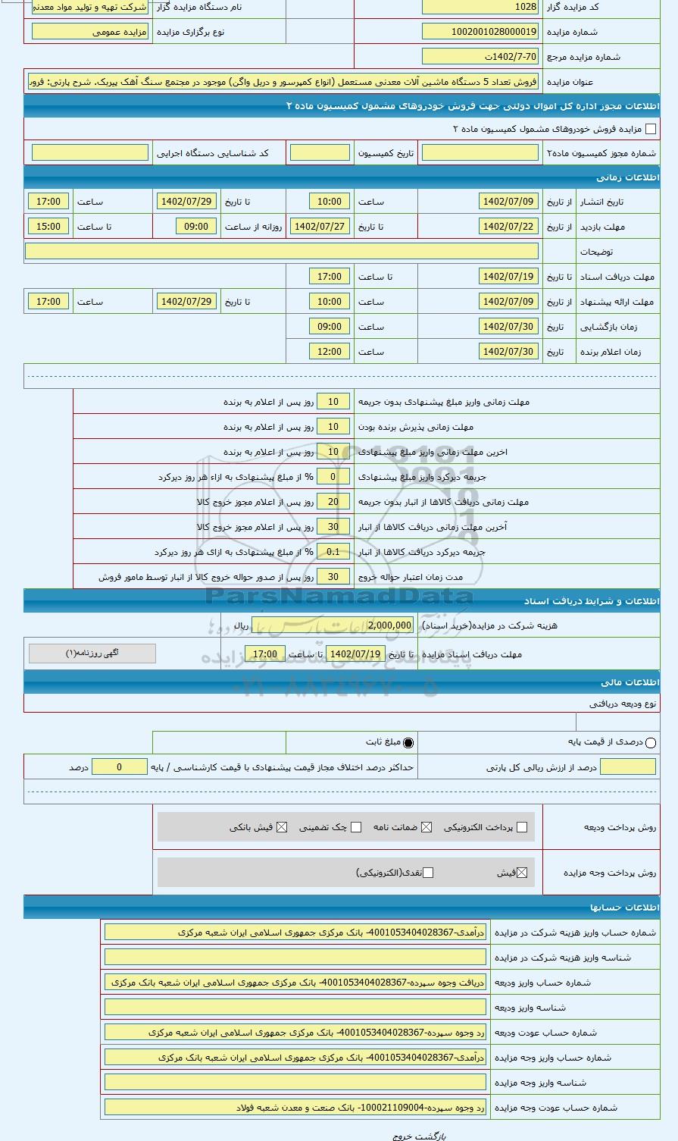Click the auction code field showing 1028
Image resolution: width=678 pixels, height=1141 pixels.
pos(480,7)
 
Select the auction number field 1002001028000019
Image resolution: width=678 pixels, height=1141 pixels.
pos(480,32)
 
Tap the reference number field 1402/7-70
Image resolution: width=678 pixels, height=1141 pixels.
pos(480,57)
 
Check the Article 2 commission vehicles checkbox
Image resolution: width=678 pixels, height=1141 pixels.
pos(651,130)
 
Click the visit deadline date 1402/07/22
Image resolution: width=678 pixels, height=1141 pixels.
pos(508,227)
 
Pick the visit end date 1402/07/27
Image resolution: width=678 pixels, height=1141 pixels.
pos(320,227)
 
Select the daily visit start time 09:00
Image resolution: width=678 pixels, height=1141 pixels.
pos(196,227)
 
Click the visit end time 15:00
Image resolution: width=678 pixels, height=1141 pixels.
pos(48,227)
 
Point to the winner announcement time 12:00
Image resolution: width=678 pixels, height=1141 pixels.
pos(330,352)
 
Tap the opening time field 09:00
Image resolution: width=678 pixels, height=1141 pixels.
pos(330,327)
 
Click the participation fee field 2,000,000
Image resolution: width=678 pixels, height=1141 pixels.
pos(389,625)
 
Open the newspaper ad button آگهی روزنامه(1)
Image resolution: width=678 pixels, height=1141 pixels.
pos(92,653)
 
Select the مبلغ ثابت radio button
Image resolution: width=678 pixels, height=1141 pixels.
pos(409,743)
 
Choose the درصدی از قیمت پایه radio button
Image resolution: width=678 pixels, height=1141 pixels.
pos(651,743)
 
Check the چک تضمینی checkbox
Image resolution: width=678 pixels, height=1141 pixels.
pos(356,827)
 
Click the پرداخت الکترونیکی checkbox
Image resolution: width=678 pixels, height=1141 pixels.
pos(521,827)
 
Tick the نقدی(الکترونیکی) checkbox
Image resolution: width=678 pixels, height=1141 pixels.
pos(428,873)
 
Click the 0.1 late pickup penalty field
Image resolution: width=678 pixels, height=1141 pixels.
pos(333,552)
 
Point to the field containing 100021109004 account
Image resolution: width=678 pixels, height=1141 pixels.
pos(295,1108)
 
